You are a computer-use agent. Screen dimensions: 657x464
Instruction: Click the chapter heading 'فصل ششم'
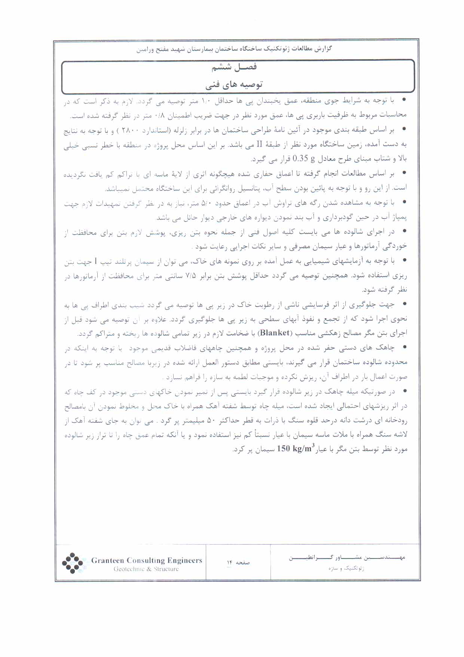[x=234, y=67]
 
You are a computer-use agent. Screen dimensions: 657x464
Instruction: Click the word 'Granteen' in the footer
[x=107, y=561]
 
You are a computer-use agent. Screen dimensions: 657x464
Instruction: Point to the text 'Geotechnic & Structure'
[x=146, y=569]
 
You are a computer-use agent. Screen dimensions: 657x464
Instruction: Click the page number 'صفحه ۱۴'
[x=238, y=562]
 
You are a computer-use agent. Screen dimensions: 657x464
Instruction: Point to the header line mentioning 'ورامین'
[x=234, y=49]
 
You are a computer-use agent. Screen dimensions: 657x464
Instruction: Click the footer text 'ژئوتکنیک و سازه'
[x=346, y=568]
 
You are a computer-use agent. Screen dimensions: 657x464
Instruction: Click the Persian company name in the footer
[x=347, y=558]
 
